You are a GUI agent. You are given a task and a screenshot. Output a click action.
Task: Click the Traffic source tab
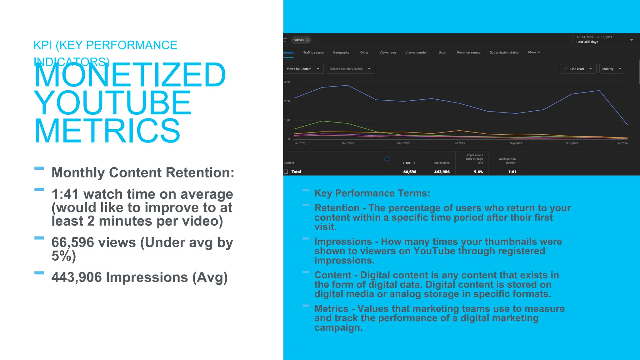tap(313, 52)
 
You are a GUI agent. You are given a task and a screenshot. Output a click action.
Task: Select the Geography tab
tap(341, 52)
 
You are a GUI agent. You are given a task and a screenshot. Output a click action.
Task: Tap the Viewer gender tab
tap(416, 52)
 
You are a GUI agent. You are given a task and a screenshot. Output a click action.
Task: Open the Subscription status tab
tap(504, 52)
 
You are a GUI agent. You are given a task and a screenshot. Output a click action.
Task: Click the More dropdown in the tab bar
tap(534, 52)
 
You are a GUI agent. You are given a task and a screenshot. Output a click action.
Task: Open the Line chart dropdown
tap(578, 69)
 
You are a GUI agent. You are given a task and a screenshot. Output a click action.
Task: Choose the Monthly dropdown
tap(612, 69)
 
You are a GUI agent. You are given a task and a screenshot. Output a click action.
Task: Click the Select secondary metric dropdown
tap(350, 69)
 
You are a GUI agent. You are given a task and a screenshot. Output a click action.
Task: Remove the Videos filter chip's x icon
tap(307, 40)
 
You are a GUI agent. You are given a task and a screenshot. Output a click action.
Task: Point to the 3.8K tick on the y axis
tap(287, 82)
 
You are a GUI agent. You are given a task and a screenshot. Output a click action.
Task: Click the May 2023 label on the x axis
tap(403, 143)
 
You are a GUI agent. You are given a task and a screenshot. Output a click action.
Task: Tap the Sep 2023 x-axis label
tap(516, 143)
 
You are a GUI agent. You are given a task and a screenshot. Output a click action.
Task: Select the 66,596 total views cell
tap(410, 172)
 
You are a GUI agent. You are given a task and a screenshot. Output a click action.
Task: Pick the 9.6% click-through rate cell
tap(478, 172)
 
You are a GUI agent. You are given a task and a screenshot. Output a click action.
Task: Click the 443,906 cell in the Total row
tap(442, 172)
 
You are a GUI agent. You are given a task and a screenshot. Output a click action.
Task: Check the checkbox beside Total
tap(286, 172)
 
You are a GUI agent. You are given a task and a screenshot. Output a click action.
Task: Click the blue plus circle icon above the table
tap(387, 159)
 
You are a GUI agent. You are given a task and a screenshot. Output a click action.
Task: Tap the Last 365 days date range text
tap(587, 42)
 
